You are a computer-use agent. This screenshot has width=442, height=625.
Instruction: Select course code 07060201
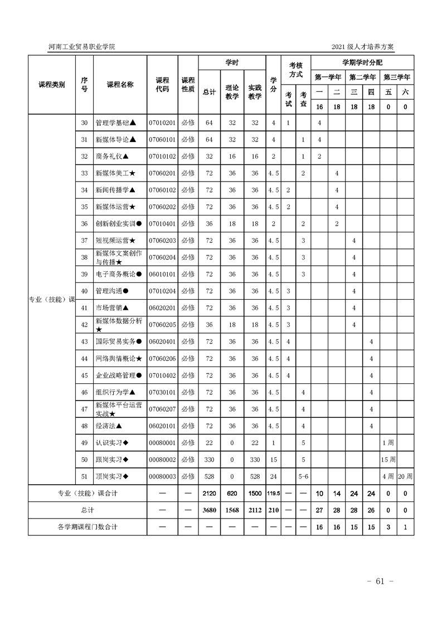click(162, 173)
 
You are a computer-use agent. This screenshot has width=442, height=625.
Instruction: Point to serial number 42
click(85, 325)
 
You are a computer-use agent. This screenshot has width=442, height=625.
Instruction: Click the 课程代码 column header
click(162, 85)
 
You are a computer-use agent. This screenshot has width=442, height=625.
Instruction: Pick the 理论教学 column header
click(232, 92)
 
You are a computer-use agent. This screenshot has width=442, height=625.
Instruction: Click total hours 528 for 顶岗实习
click(210, 477)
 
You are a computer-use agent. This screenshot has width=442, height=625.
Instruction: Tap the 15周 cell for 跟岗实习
click(388, 460)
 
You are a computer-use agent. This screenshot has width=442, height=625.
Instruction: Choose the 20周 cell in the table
click(405, 477)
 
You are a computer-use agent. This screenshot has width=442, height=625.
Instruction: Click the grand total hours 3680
click(210, 510)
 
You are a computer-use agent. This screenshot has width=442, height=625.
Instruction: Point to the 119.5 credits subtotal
click(273, 494)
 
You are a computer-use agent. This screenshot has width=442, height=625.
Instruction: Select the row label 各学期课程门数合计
click(88, 527)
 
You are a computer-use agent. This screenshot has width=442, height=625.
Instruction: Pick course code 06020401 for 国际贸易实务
click(162, 341)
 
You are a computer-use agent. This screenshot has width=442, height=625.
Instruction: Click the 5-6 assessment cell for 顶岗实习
click(303, 477)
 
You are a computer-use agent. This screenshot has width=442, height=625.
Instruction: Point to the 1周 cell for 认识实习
click(388, 443)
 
